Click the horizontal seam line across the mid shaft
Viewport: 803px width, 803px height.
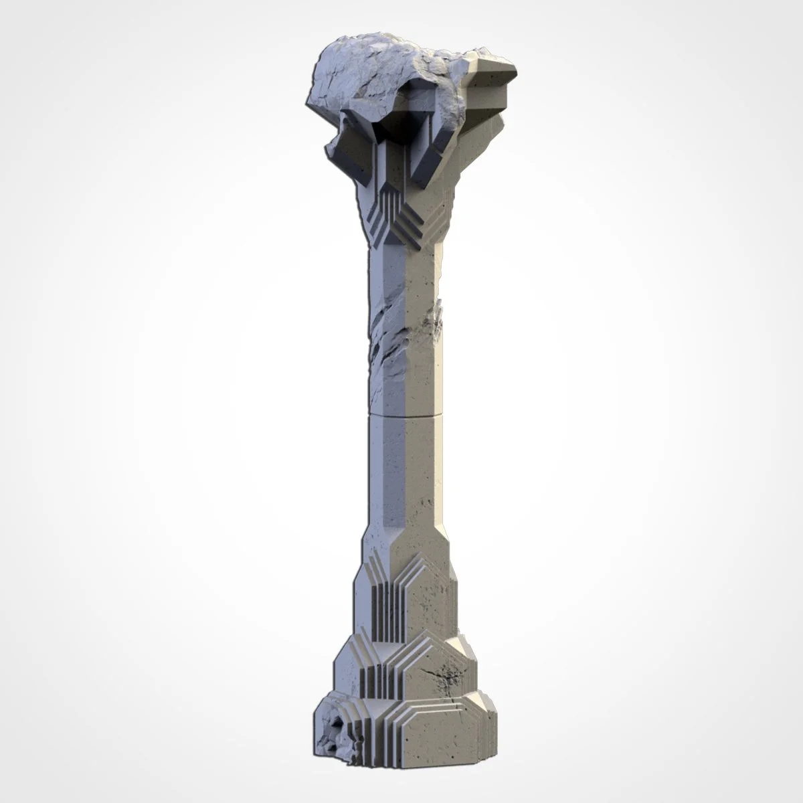click(x=405, y=416)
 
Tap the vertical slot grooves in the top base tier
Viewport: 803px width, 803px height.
click(x=387, y=602)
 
